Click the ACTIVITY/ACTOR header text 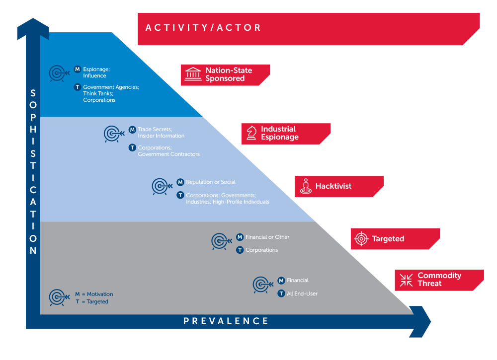tap(203, 28)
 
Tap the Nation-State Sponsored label tap(229, 74)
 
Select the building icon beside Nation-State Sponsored tap(193, 74)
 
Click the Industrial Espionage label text tap(279, 133)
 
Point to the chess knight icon tap(251, 133)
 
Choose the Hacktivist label tap(333, 186)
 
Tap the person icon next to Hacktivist tap(306, 186)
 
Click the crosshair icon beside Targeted tap(361, 239)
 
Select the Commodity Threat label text tap(439, 279)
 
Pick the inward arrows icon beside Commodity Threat tap(406, 280)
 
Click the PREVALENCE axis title tap(226, 321)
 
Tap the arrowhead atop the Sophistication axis tap(33, 28)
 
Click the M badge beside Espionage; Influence tap(78, 69)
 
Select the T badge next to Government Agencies tap(78, 87)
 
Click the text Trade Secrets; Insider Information tap(161, 133)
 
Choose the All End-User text tap(302, 293)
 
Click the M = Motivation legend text tap(94, 294)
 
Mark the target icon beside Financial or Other tap(222, 242)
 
